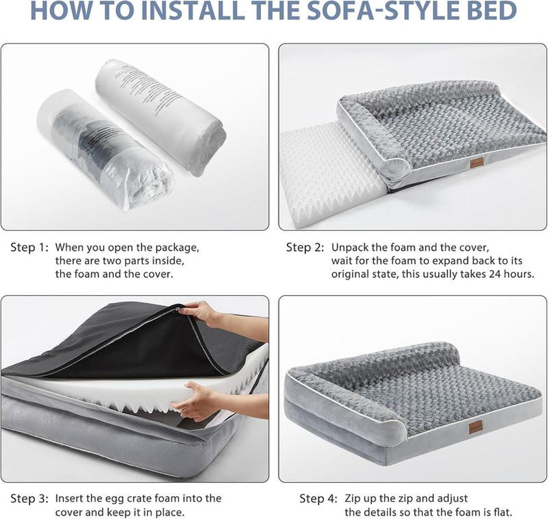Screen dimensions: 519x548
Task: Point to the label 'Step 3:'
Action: point(30,499)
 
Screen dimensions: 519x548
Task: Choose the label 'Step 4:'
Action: point(319,499)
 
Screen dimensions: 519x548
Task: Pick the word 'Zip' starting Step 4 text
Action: point(353,498)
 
